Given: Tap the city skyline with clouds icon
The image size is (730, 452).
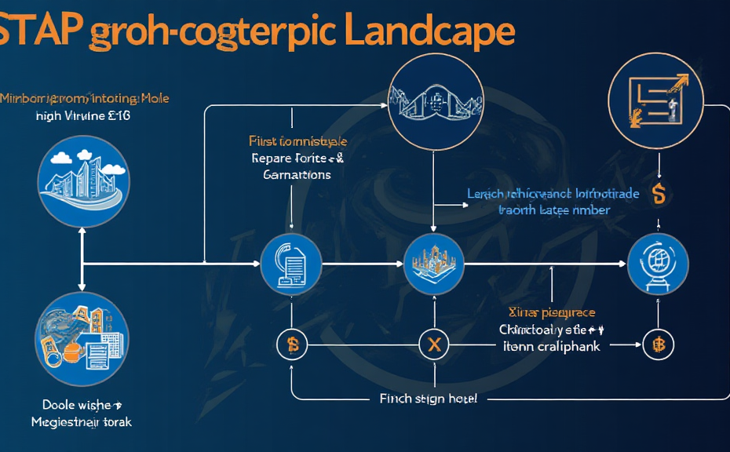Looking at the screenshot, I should click(82, 181).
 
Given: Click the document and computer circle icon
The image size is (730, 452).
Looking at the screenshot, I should click(291, 264).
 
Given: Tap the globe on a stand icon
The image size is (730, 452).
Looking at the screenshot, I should click(658, 264).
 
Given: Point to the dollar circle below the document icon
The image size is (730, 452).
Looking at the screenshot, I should click(292, 343).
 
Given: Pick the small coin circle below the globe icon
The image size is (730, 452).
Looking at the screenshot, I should click(658, 344).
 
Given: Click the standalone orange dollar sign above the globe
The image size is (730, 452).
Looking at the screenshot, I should click(659, 195).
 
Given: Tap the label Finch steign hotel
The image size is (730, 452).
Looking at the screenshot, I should click(428, 399).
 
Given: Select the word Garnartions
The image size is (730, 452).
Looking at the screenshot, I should click(297, 174).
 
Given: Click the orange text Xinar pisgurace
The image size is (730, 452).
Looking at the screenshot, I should click(552, 312).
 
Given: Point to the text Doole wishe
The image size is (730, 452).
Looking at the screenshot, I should click(81, 405).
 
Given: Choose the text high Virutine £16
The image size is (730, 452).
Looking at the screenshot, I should click(83, 115).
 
